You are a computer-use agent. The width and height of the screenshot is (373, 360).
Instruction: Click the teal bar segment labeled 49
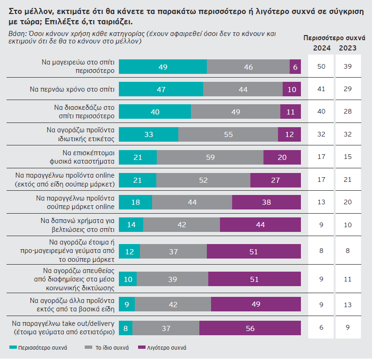coord(163,67)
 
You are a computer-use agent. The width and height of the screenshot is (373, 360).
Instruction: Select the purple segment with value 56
coord(250,329)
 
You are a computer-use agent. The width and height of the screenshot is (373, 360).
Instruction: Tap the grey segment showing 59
coord(210,158)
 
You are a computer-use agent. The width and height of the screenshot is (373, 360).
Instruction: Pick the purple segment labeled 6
coord(295,67)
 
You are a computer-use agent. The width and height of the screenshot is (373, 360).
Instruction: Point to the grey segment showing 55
coord(228,135)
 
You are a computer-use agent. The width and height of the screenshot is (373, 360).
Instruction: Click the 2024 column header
coord(322,48)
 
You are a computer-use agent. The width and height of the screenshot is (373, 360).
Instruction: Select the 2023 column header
coord(347,48)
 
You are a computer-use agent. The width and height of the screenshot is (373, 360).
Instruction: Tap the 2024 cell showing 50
coord(322,67)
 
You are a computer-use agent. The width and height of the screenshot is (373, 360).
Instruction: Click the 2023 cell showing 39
coord(347,67)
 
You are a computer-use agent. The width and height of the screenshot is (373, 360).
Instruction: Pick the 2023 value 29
coord(347,89)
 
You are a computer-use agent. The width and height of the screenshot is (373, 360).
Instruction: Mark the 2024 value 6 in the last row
coord(322,329)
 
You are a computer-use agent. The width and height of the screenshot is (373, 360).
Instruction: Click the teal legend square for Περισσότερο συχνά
coord(13,348)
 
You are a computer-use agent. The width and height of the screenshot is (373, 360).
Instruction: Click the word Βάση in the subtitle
coord(17,34)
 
